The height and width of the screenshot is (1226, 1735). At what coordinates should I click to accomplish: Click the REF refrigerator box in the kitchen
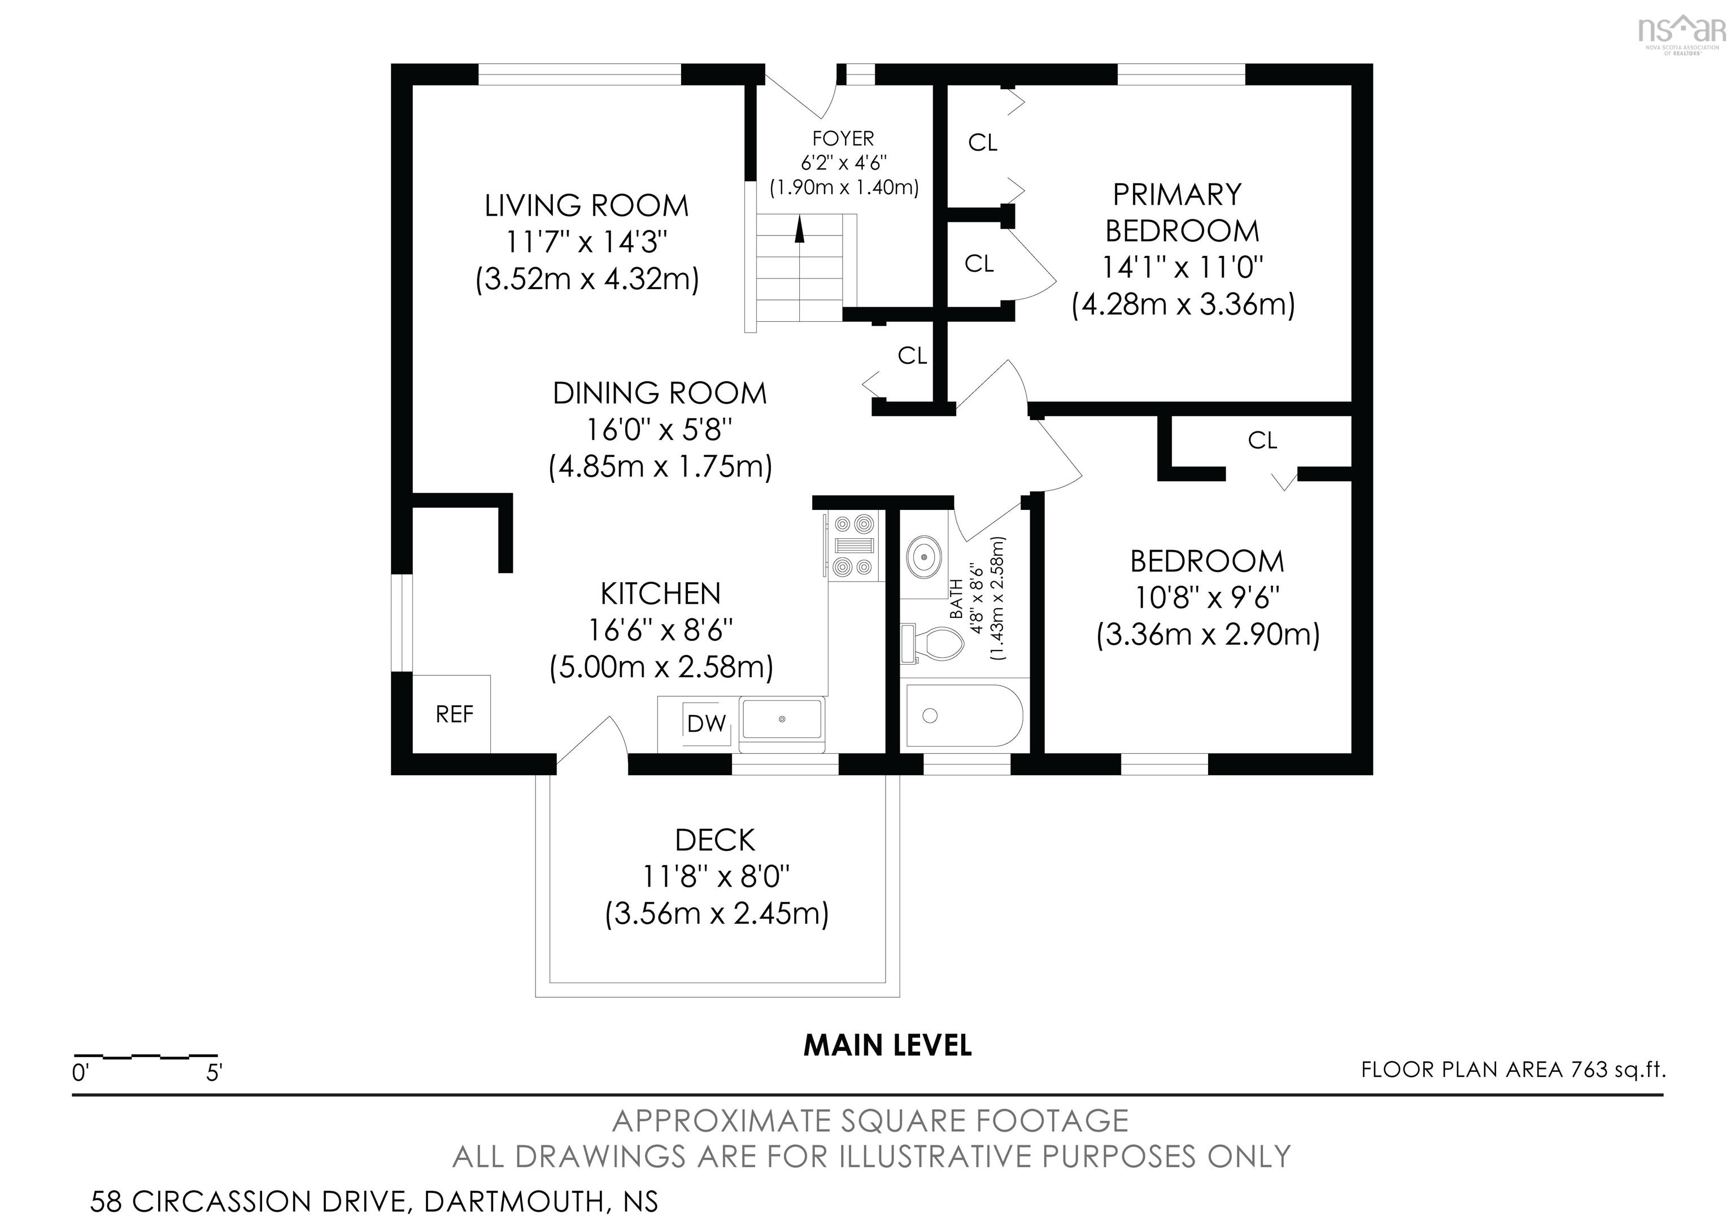pos(451,714)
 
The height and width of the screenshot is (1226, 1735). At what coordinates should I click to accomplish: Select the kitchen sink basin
pos(782,719)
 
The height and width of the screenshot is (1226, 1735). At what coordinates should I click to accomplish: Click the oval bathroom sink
pos(923,557)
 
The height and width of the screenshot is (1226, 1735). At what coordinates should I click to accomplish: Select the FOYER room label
pos(843,139)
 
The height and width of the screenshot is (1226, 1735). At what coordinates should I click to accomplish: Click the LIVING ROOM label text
pos(586,206)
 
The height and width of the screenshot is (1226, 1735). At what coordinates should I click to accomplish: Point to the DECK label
pos(715,840)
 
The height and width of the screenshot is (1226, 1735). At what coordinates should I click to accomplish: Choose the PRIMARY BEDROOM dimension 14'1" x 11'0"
pos(1183,267)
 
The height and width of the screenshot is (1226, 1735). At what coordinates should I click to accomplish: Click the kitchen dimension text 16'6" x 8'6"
pos(660,629)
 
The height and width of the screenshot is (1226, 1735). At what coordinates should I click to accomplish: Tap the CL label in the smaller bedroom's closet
pos(1262,440)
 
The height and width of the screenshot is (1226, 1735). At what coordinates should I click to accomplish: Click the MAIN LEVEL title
pos(887,1045)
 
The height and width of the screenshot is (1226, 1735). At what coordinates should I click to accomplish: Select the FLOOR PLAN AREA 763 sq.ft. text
pos(1513,1070)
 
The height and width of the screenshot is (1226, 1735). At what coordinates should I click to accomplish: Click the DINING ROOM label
pos(660,393)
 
